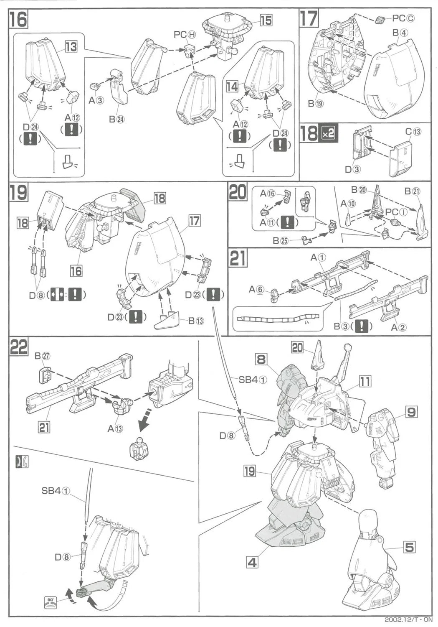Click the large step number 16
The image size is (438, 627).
pyautogui.click(x=19, y=20)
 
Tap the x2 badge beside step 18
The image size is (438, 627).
pyautogui.click(x=328, y=134)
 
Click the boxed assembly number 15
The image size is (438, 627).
pyautogui.click(x=266, y=20)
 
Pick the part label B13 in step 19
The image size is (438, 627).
pyautogui.click(x=196, y=321)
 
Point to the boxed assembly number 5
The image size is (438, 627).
pyautogui.click(x=409, y=546)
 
